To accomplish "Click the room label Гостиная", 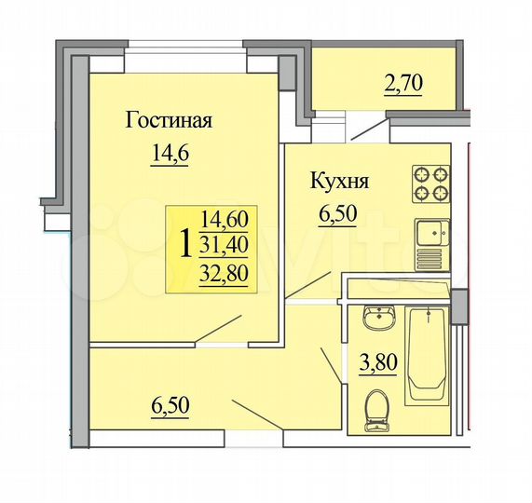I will [x=169, y=121].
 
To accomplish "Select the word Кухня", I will [x=340, y=181].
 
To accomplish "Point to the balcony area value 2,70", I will [x=402, y=84].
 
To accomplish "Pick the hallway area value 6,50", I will [x=170, y=407].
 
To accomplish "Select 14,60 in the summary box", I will [x=224, y=221].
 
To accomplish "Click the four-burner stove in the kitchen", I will [x=431, y=184].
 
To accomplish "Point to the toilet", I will [x=377, y=411].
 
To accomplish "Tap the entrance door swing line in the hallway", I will [x=255, y=414].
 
